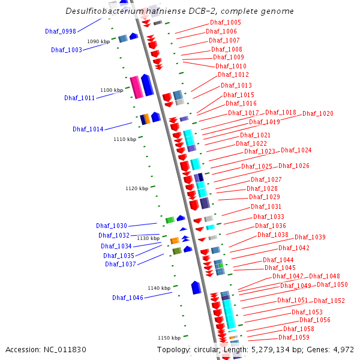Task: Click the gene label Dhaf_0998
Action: [x=61, y=31]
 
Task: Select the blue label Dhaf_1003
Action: [x=67, y=50]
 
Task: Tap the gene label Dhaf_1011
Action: [x=80, y=98]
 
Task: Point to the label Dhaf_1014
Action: [x=88, y=129]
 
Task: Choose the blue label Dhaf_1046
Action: [x=128, y=298]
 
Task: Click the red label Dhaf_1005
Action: [x=226, y=23]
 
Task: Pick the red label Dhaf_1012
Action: [x=233, y=75]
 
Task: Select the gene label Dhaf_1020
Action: [x=318, y=114]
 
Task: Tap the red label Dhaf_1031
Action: [x=266, y=207]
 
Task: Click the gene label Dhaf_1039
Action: [x=310, y=238]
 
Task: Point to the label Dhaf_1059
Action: [x=294, y=337]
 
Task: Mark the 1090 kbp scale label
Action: [x=98, y=41]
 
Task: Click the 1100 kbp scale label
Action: [x=112, y=90]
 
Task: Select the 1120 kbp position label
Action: [x=137, y=188]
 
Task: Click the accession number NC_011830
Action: [x=46, y=349]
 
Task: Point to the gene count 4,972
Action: [x=343, y=349]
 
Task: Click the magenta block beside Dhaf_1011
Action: [x=136, y=88]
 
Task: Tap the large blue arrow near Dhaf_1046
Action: [x=196, y=287]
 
